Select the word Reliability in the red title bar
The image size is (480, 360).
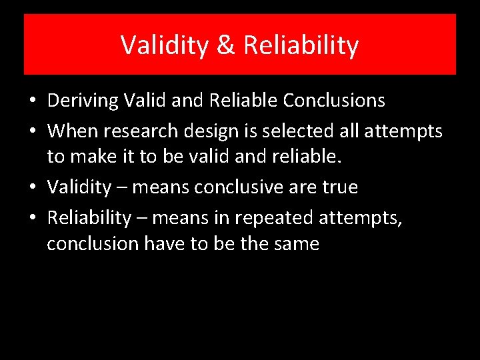[301, 45]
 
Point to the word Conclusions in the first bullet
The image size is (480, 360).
[334, 101]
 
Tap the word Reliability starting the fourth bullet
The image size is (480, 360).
[89, 217]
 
